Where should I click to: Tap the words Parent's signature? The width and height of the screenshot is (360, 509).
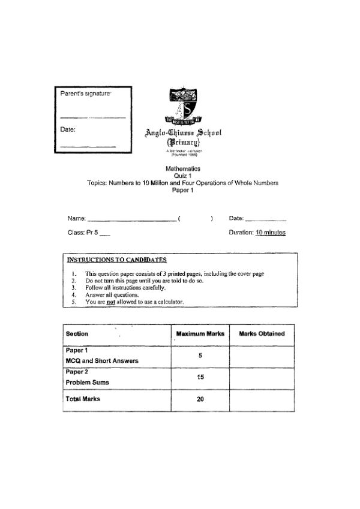click(86, 94)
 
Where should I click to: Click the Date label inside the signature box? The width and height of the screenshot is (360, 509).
click(67, 129)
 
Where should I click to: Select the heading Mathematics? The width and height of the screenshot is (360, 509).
click(182, 169)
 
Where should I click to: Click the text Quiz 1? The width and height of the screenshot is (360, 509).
click(182, 176)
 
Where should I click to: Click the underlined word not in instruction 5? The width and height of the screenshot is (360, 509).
click(110, 302)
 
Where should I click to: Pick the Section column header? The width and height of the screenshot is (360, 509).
click(77, 334)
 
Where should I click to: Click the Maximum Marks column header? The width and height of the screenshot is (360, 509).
click(200, 334)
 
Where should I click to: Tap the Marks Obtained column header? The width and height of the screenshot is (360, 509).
click(262, 334)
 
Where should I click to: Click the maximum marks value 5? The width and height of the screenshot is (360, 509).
click(200, 355)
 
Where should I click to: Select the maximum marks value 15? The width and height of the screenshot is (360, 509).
click(200, 377)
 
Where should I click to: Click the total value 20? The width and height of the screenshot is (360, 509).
click(200, 399)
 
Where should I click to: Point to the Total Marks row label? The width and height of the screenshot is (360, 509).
click(83, 399)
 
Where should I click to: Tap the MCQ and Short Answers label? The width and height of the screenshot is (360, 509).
click(101, 361)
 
